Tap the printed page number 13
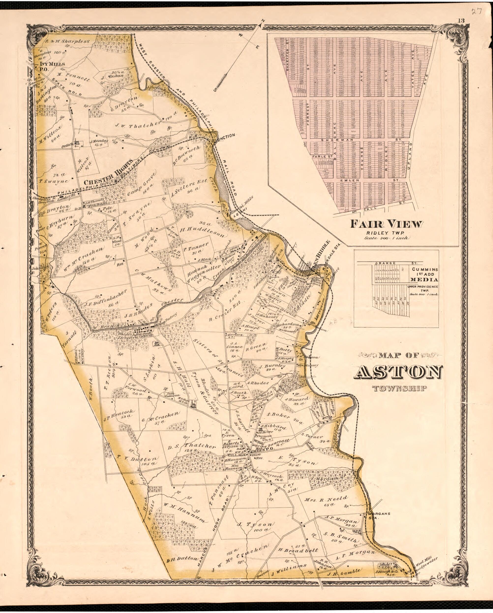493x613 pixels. (x=461, y=20)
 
